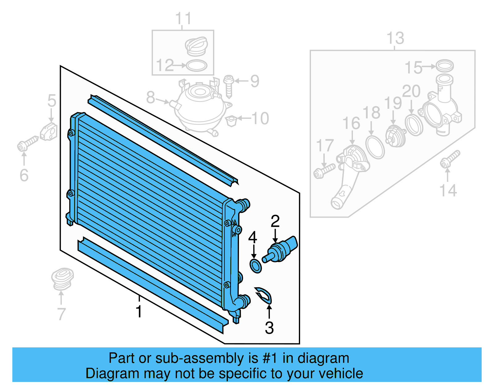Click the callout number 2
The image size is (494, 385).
point(275,221)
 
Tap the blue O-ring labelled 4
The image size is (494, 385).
point(255,266)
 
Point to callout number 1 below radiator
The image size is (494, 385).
point(139,311)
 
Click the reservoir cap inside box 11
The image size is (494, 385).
point(196,46)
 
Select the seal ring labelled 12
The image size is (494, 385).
point(197,66)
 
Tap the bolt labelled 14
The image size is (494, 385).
point(450,160)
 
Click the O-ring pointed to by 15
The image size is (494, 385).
point(444,66)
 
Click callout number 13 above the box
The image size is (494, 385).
point(395,38)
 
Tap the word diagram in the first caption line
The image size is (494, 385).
point(323,358)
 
